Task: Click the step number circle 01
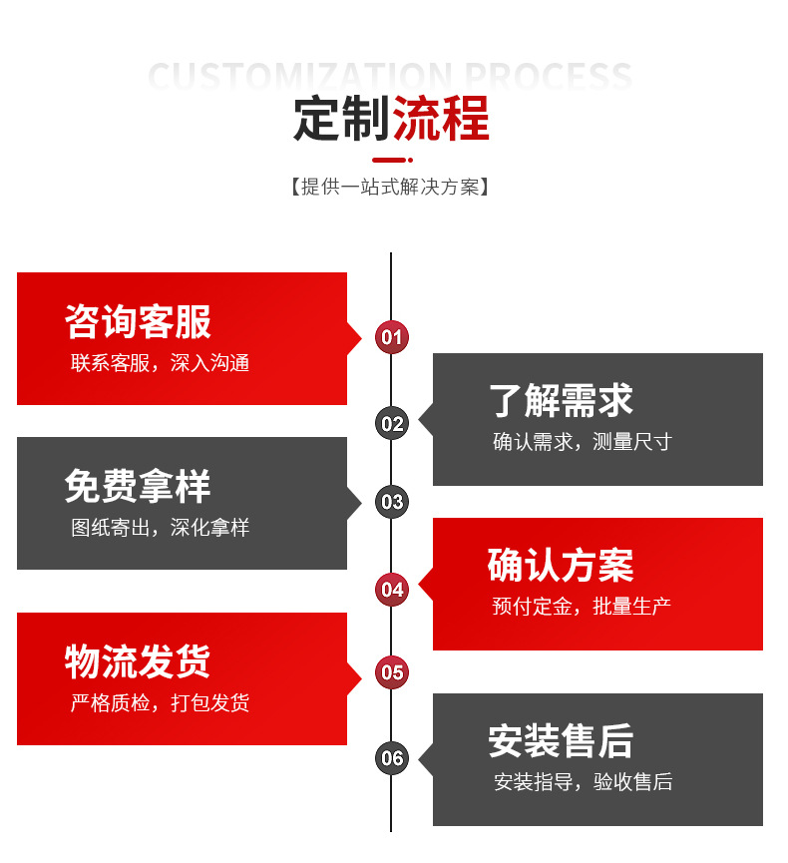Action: [391, 337]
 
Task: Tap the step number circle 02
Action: [391, 424]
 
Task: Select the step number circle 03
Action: [391, 502]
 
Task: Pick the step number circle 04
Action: [391, 589]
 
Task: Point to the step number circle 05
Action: [391, 671]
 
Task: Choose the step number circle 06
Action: [391, 757]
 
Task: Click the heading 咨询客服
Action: [138, 322]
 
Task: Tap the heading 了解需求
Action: [561, 401]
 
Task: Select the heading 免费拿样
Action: [138, 487]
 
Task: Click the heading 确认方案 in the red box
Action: [561, 566]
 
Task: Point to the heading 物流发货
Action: [138, 661]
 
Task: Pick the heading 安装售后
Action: [561, 741]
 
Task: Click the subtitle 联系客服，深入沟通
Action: [160, 363]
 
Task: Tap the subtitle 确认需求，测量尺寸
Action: [583, 442]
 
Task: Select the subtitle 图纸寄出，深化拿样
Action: [160, 528]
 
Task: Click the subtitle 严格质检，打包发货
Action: [160, 703]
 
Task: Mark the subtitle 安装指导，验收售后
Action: [583, 782]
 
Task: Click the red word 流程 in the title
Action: [441, 119]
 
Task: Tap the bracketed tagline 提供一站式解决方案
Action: [390, 187]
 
